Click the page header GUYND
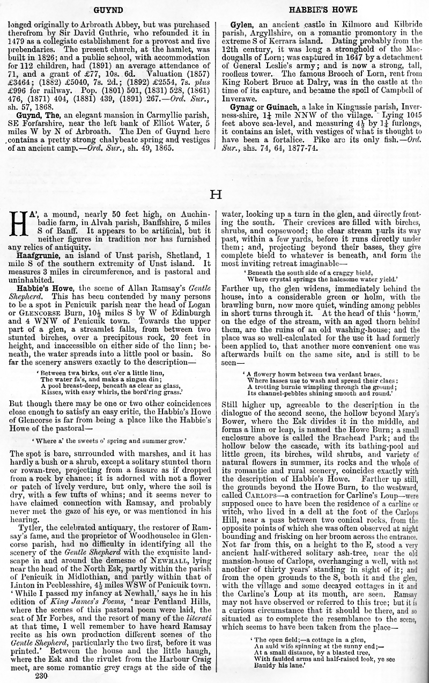point(108,9)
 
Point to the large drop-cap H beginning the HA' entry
point(19,223)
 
